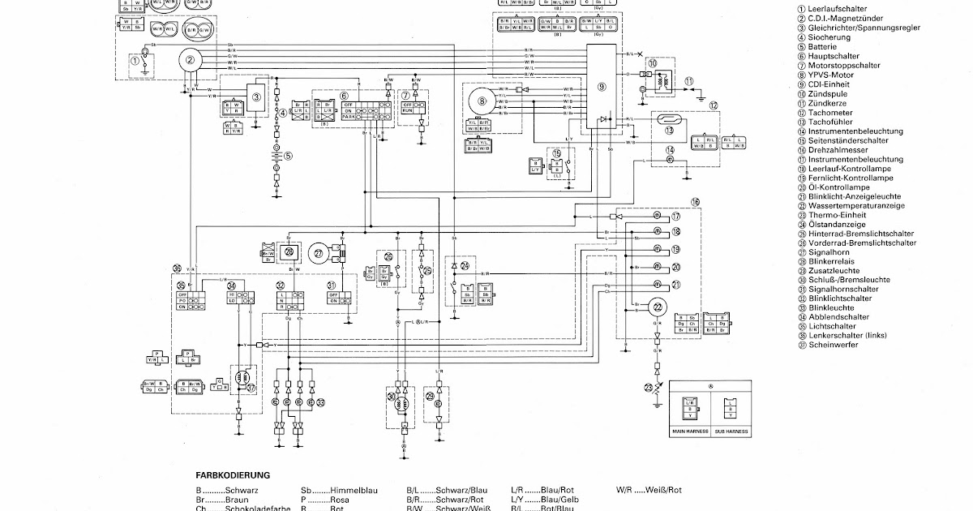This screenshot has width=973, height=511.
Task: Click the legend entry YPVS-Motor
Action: [x=829, y=75]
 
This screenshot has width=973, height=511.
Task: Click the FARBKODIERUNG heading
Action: [x=233, y=475]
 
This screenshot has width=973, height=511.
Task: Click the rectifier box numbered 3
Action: [x=256, y=97]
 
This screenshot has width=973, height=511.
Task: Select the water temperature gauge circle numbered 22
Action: [x=657, y=305]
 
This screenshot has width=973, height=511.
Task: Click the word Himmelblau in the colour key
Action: [x=335, y=491]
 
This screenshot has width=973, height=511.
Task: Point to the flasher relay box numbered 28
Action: [x=290, y=252]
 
